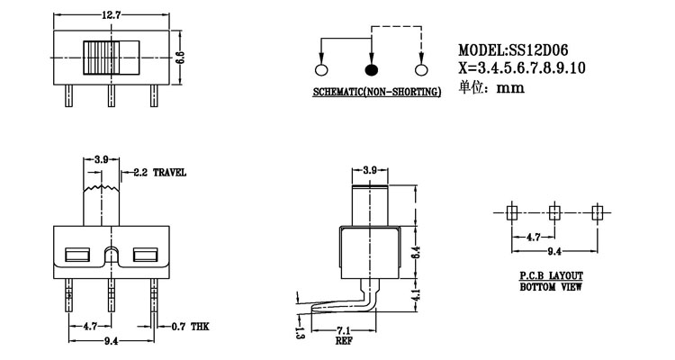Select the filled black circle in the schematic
tap(370, 70)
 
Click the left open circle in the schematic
tap(321, 70)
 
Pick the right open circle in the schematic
tap(419, 70)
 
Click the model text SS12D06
tap(538, 50)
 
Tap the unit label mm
tap(509, 88)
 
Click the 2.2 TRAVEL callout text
tap(158, 172)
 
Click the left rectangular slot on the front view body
tap(76, 255)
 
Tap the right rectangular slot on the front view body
tap(144, 255)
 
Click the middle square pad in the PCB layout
tap(553, 212)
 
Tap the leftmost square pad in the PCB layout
tap(511, 212)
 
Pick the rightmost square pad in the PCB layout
tap(596, 212)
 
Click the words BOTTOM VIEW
tap(551, 288)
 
